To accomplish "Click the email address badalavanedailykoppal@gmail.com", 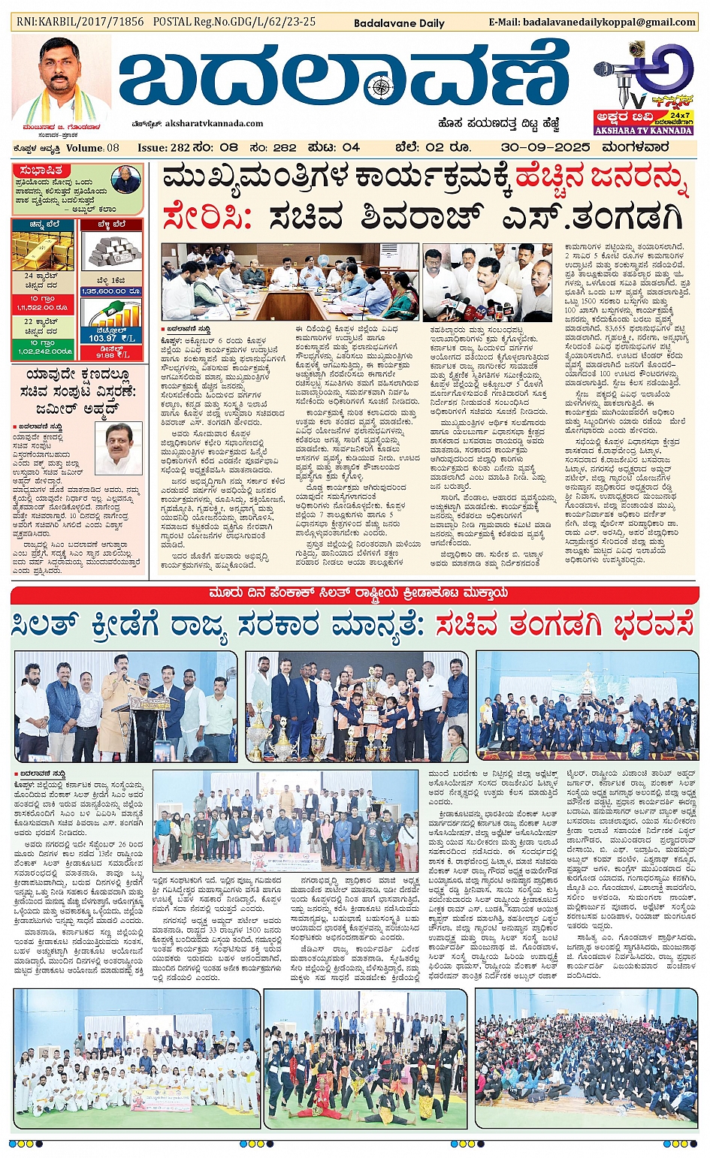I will (609, 23).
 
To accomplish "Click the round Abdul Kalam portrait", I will (125, 180).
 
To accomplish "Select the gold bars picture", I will (42, 251).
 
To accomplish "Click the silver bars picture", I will (111, 251).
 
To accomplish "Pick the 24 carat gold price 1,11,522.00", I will (42, 307).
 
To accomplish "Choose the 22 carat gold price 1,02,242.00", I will (42, 351).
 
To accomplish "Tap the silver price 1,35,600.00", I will (111, 291).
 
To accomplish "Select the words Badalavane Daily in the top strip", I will (399, 23).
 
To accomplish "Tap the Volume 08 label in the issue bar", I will (92, 148).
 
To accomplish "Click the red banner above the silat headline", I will (355, 593).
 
